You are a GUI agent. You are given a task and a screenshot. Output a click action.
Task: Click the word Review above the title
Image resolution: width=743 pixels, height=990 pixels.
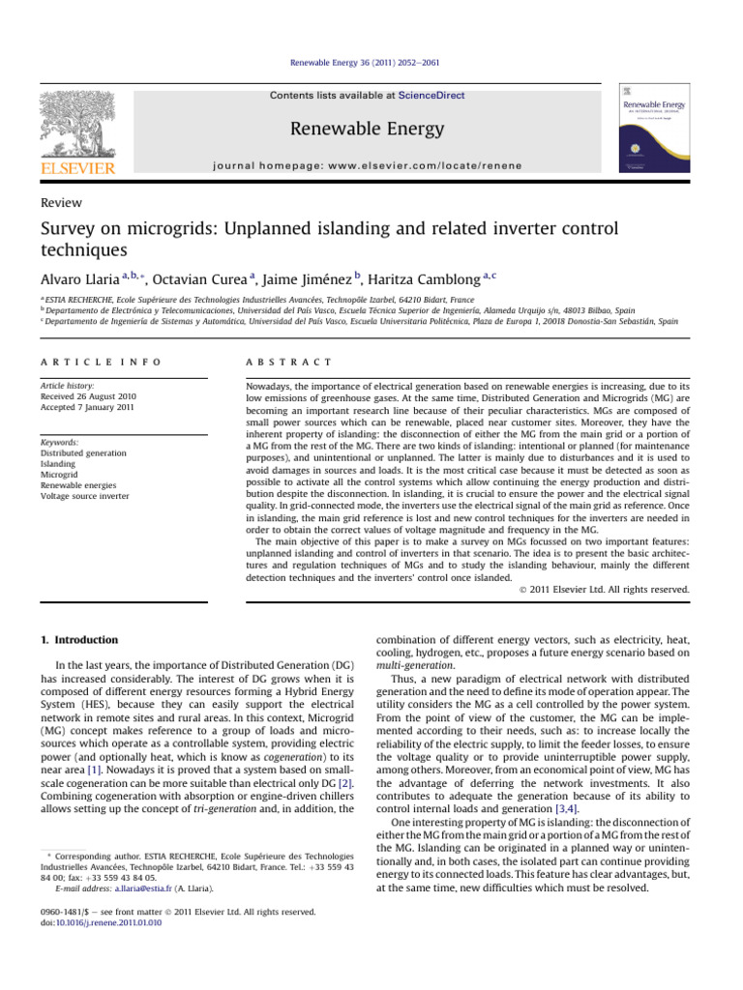(x=59, y=203)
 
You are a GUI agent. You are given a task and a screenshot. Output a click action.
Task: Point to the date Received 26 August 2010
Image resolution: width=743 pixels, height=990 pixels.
(x=99, y=396)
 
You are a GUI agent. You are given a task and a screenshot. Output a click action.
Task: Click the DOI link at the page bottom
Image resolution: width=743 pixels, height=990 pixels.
(x=100, y=950)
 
